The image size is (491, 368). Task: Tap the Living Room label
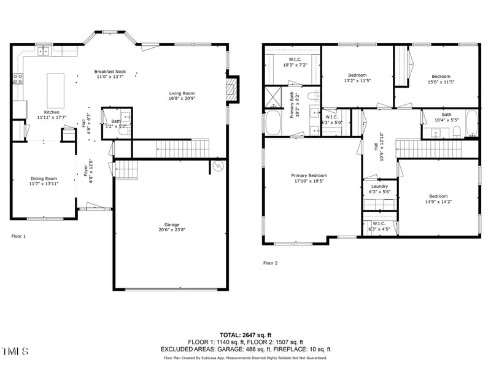[182, 93]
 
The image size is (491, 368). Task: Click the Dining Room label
[44, 178]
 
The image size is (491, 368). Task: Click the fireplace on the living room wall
[231, 90]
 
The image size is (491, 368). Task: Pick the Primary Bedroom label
[309, 175]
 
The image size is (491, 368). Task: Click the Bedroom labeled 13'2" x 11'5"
[357, 75]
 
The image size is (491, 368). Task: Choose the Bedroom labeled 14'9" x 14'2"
[438, 196]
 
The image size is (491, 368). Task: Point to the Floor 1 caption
[19, 236]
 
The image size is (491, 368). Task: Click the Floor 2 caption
[271, 263]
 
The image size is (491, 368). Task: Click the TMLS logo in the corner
[15, 351]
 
